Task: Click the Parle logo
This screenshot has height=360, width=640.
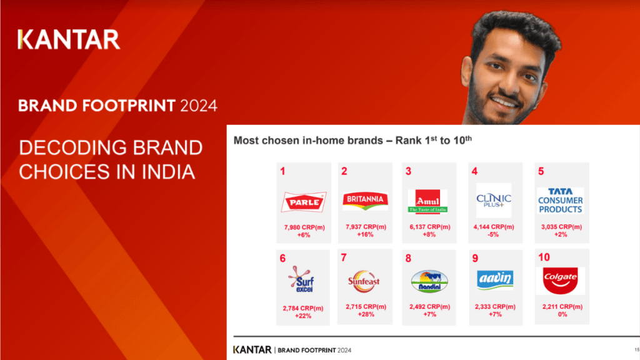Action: point(304,201)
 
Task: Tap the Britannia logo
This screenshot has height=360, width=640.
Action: point(366,200)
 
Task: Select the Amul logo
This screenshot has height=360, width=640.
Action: point(427,201)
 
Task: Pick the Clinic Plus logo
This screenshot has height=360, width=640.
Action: point(493,200)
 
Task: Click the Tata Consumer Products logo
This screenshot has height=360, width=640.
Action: point(560,201)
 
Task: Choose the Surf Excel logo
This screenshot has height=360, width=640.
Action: point(303,280)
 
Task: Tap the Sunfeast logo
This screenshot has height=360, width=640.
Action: point(365,281)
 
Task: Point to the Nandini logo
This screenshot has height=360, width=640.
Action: point(429,281)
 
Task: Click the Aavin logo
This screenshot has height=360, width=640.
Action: point(495,280)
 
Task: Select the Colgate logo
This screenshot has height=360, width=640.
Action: point(560,281)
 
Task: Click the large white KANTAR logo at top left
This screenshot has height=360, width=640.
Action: point(69,39)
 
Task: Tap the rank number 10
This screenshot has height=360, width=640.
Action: point(544,257)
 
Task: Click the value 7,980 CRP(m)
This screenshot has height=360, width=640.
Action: point(303,227)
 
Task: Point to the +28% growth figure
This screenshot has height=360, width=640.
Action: point(365,314)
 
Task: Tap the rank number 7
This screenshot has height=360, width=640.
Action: point(343,257)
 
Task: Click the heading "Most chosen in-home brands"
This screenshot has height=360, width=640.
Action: point(313,141)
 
